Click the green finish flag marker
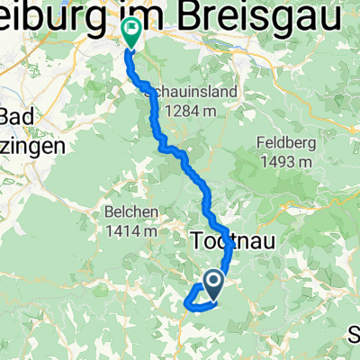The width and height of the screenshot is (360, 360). tap(131, 32)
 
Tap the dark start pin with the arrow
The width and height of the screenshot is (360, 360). tap(214, 284)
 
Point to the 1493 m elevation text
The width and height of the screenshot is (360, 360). tap(285, 162)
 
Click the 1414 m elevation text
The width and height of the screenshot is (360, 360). tap(132, 231)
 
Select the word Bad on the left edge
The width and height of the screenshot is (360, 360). tap(20, 117)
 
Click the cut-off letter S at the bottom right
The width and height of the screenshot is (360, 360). tap(354, 335)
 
